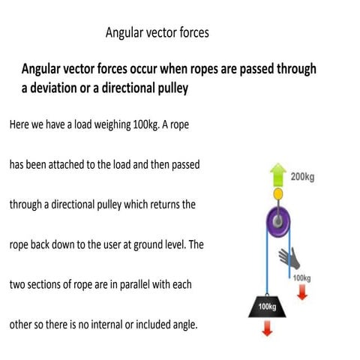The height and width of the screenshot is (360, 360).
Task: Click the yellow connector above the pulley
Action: tap(278, 195)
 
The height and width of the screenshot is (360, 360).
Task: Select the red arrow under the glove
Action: tap(302, 292)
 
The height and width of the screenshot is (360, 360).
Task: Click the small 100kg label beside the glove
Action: tap(301, 278)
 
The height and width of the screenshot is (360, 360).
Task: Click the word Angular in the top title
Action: tap(125, 33)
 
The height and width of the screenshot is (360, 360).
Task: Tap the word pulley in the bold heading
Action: tap(165, 88)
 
